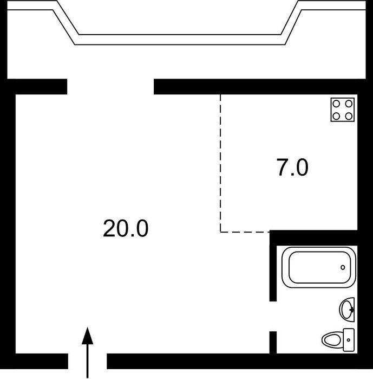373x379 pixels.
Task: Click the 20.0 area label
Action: tap(126, 228)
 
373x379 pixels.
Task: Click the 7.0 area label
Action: tap(292, 167)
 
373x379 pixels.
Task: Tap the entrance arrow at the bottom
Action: tap(87, 352)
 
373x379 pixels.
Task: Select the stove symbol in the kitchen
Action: tap(343, 110)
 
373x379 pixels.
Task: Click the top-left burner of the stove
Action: tap(336, 104)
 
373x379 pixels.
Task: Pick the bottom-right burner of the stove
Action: tap(349, 116)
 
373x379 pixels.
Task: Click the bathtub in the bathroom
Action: tap(318, 267)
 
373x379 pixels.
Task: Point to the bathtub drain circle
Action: tap(343, 267)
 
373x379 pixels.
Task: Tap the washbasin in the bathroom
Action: tap(347, 310)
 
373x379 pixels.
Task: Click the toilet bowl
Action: tap(332, 340)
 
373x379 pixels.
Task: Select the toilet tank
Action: tap(349, 340)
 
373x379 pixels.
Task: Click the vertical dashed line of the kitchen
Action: tap(220, 163)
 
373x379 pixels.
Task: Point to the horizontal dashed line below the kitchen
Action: tap(245, 232)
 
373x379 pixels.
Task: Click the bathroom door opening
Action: tap(273, 317)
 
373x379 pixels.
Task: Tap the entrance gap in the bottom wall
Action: tap(87, 361)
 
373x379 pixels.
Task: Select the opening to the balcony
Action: tap(110, 87)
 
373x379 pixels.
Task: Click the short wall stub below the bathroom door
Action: tap(273, 343)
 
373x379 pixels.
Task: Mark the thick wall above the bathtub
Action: tap(313, 238)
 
